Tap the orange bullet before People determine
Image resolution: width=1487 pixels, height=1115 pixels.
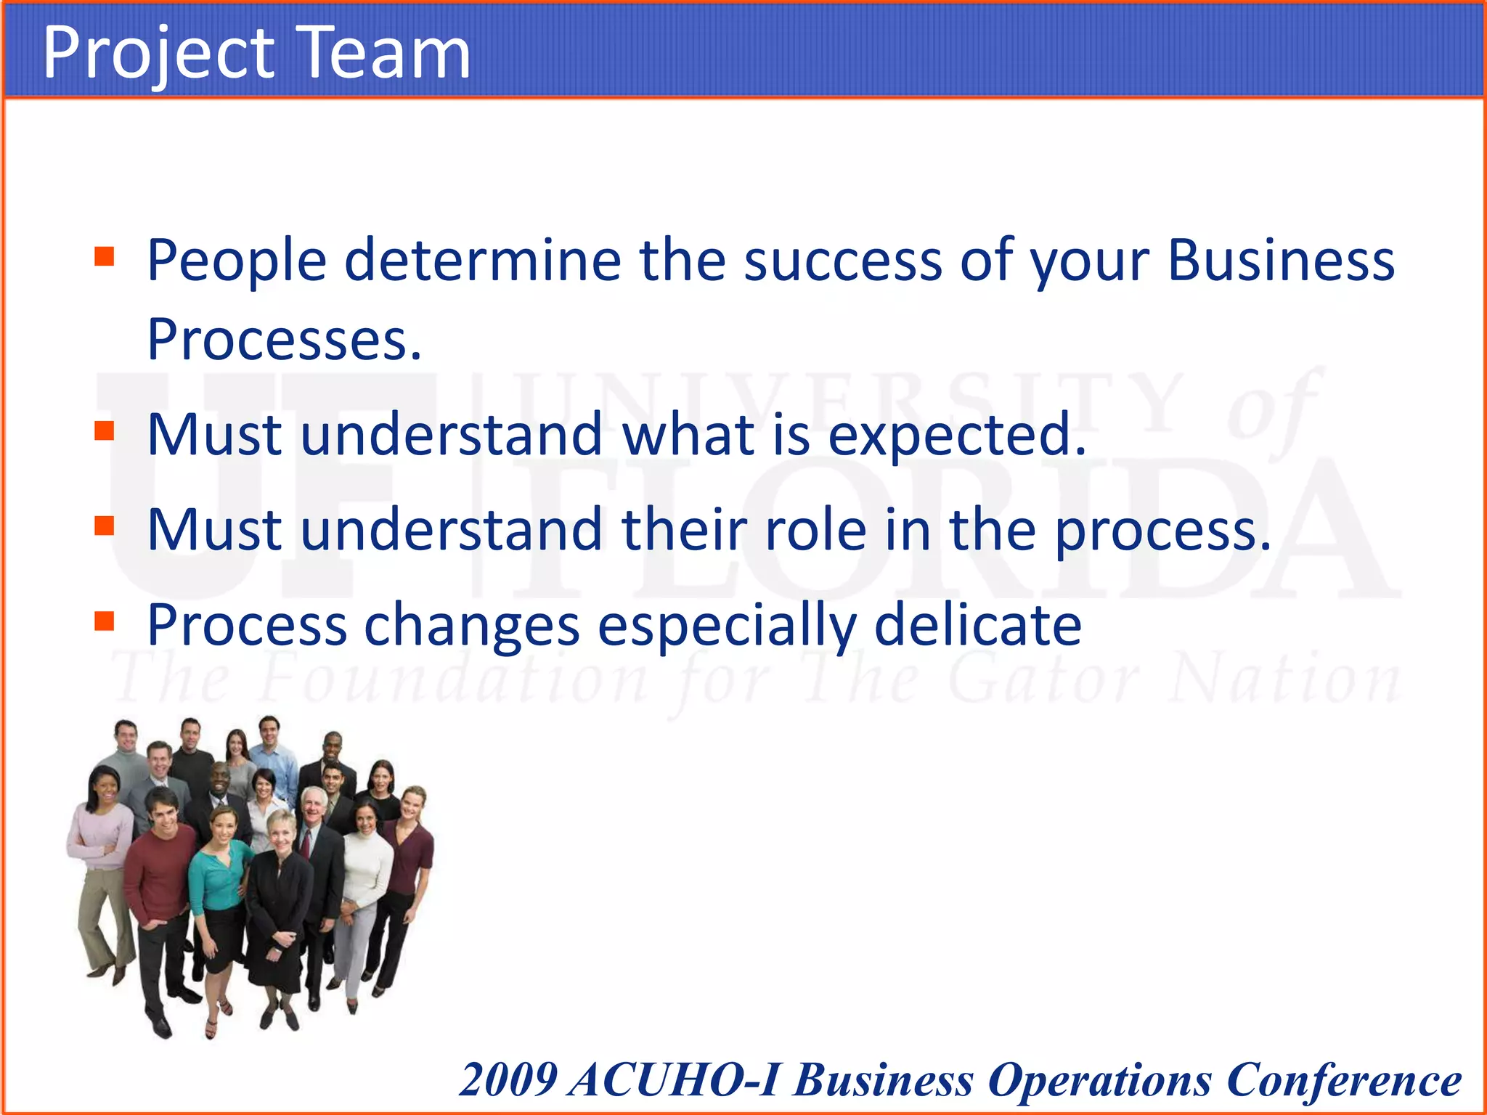coord(105,257)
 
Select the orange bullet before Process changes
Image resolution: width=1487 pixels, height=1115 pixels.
coord(105,621)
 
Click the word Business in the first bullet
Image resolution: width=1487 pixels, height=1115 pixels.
coord(1281,260)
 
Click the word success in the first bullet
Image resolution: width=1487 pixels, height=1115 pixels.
coord(842,260)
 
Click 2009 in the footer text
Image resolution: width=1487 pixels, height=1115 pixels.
coord(508,1080)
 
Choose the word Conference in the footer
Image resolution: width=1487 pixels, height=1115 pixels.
coord(1343,1080)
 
